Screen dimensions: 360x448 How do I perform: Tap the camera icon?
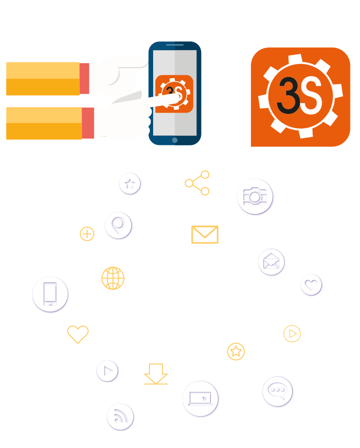coord(255,196)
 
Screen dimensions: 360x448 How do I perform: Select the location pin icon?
coord(118,226)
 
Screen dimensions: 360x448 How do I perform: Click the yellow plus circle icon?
coord(87,234)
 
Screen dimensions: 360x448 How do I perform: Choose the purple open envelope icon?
coord(271,262)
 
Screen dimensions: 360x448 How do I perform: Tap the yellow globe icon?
coord(113,278)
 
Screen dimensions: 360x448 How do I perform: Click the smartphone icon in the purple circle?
coord(50,294)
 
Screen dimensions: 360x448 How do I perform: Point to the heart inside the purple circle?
coord(311,285)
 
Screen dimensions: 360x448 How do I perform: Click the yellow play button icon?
coord(292,334)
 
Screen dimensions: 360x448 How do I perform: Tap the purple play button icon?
coord(108,371)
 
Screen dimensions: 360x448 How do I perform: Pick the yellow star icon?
coord(236,351)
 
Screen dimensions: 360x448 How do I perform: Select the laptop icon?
coord(201,399)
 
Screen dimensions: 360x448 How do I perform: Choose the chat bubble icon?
coord(278,391)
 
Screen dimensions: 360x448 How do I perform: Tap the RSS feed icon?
coord(120,417)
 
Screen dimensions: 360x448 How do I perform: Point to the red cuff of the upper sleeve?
coord(84,78)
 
